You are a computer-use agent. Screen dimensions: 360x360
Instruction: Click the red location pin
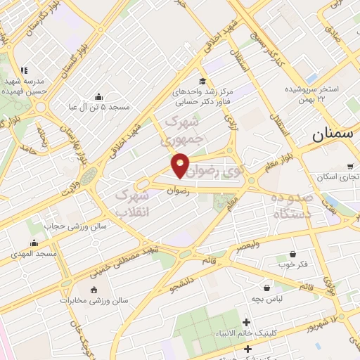(x=181, y=165)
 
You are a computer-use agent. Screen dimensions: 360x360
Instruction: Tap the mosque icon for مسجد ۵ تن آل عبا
(x=98, y=96)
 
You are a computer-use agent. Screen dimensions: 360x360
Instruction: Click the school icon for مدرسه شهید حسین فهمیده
(x=25, y=71)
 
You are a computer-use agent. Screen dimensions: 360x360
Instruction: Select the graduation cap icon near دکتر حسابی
(x=202, y=82)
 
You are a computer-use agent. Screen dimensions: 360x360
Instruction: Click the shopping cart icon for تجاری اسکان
(x=350, y=167)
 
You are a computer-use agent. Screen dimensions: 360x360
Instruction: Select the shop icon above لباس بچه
(x=266, y=288)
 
